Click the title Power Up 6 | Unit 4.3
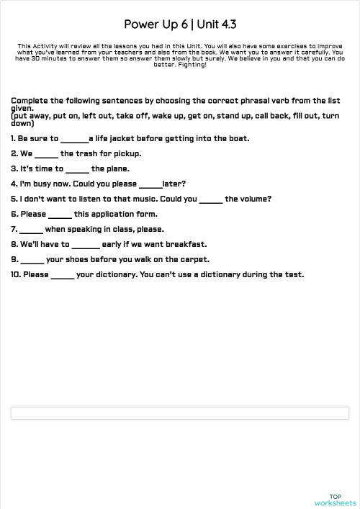(x=180, y=24)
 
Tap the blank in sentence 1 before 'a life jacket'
(x=74, y=139)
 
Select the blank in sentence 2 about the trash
(x=46, y=154)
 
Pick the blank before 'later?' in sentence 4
(x=150, y=184)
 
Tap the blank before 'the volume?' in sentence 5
(x=211, y=199)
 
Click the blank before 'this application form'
(x=60, y=215)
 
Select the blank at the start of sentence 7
(x=32, y=230)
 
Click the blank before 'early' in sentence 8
(x=86, y=245)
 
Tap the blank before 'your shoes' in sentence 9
(x=32, y=260)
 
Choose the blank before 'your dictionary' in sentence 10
(x=63, y=275)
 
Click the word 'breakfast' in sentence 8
(x=186, y=244)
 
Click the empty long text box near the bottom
(x=180, y=413)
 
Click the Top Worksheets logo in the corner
(x=335, y=500)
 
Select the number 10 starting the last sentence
(x=15, y=274)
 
